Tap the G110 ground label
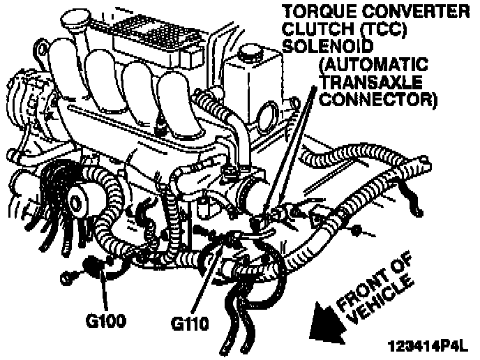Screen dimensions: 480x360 (x=190, y=324)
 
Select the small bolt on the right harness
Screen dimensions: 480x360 (x=357, y=230)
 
